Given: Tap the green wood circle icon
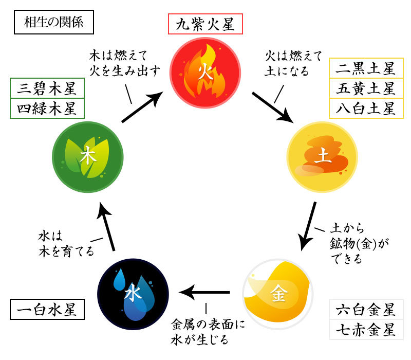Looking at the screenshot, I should [x=87, y=157].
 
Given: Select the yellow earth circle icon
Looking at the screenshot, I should [x=322, y=157].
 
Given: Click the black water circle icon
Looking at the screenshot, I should [x=133, y=294].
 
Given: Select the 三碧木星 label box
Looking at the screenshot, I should [x=47, y=89].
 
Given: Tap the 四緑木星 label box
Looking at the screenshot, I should [x=47, y=109].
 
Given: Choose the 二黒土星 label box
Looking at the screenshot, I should [x=365, y=69].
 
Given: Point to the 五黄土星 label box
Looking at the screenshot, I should [x=365, y=88].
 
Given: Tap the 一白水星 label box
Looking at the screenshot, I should [x=47, y=310].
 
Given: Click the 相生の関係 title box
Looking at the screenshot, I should [x=53, y=23].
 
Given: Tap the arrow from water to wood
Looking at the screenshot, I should [x=107, y=226].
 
